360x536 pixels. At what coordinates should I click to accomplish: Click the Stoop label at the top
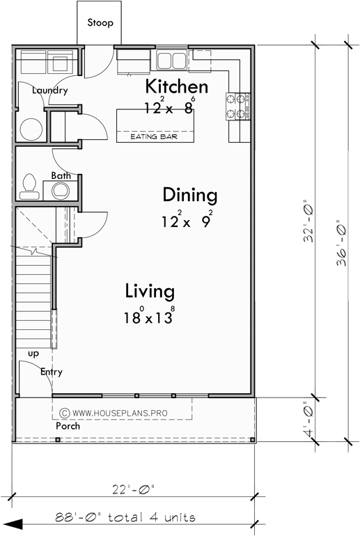pos(100,23)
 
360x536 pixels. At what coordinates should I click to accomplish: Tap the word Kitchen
pos(176,87)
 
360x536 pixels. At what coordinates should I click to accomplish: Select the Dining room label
pos(189,195)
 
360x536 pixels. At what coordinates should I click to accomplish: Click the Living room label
pos(150,290)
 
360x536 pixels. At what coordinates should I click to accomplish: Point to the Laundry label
pos(50,90)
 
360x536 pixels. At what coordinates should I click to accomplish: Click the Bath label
pos(60,175)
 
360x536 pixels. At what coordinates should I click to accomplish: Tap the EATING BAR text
pos(152,137)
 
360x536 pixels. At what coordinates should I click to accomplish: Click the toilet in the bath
pos(30,184)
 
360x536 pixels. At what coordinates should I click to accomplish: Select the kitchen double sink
pos(171,60)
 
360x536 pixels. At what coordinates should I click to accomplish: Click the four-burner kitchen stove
pos(237,106)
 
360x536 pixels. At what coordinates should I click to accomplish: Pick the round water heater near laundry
pos(31,130)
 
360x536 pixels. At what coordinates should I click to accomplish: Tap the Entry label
pos(51,372)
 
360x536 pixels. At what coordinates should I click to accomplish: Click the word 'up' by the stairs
pos(33,354)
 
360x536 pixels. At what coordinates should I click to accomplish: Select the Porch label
pos(68,425)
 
